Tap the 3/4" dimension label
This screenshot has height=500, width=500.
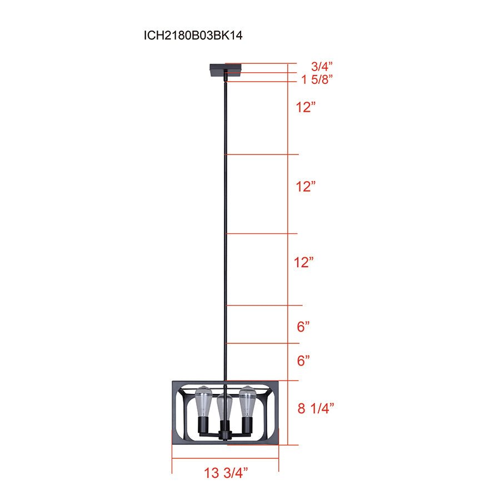coord(317,66)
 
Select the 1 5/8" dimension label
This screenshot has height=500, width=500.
coord(317,79)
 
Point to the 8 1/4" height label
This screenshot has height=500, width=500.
coord(316,408)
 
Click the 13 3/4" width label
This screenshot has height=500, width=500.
coord(226,473)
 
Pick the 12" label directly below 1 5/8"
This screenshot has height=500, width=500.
coord(306,108)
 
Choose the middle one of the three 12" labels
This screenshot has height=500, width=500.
coord(306,187)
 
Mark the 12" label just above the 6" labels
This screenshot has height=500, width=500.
coord(304,262)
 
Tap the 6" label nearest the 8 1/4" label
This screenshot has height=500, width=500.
coord(303,361)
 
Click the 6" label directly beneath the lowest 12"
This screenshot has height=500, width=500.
coord(303,327)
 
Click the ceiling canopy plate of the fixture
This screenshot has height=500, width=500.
coord(225,70)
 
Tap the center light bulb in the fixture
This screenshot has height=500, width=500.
coord(224,408)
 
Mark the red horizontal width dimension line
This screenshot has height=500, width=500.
coord(225,459)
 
